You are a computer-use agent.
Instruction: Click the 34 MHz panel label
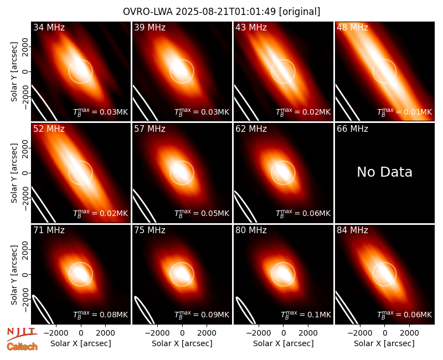49,27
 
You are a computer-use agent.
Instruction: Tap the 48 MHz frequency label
352,27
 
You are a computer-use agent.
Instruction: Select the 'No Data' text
384,172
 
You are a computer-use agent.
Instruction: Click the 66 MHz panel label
352,129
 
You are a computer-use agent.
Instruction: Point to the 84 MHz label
352,230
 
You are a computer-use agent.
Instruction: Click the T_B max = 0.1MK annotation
306,314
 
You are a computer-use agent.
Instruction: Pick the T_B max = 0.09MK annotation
202,314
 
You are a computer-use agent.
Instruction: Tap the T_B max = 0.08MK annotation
101,314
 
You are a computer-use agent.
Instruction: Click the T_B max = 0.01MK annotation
405,112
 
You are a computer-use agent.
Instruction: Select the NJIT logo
22,334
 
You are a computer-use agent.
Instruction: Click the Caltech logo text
22,347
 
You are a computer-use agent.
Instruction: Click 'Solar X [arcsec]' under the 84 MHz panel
384,343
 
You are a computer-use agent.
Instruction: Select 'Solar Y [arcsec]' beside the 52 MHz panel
14,173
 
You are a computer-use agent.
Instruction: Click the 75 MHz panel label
150,230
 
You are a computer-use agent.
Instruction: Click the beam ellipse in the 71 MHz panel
43,309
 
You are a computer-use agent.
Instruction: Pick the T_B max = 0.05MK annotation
202,213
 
